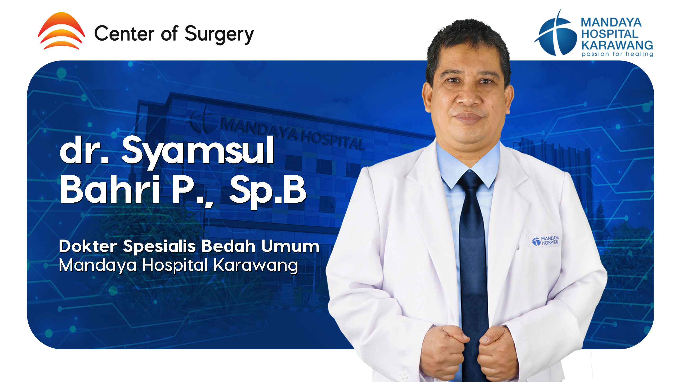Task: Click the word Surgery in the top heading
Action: point(219,35)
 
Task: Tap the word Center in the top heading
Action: point(124,33)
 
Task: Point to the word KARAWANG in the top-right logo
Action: point(617,45)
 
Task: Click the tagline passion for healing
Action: point(617,54)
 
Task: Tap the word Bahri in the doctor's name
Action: point(110,189)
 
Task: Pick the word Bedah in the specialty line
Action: point(228,246)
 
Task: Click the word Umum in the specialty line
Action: point(290,246)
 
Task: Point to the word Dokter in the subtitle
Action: point(88,246)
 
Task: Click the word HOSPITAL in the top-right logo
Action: point(610,34)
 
